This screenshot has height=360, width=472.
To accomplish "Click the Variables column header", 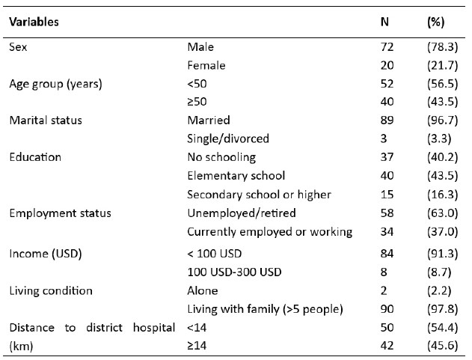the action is tap(34, 22).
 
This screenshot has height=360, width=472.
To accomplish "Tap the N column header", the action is tap(384, 22).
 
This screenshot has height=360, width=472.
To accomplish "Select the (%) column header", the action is tap(435, 22).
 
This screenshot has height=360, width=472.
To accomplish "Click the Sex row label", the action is tap(18, 47).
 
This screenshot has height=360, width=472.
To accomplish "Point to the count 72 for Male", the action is tap(387, 47).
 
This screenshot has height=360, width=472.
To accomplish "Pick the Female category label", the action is tap(206, 65).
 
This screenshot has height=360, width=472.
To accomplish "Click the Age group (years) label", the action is tap(55, 84).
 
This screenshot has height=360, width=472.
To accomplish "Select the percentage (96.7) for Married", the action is tap(443, 120).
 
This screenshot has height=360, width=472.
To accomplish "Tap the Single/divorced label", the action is tap(228, 138).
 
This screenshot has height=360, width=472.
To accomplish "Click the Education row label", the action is tap(35, 157).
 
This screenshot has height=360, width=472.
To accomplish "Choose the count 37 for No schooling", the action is tap(387, 157).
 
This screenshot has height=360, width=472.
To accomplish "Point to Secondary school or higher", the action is tap(259, 195).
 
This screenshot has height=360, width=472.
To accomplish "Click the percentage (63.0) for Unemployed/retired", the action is tap(443, 213).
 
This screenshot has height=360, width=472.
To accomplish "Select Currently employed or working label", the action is tap(270, 232).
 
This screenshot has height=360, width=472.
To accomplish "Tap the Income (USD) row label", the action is tap(46, 254).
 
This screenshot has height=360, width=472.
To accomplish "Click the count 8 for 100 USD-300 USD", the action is tap(384, 272).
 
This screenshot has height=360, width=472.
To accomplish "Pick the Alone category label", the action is tap(203, 290).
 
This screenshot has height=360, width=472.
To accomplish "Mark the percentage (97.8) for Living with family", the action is tap(443, 309).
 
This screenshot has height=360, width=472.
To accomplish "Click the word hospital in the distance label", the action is tap(154, 328).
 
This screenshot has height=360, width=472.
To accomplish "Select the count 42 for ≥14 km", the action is tap(387, 346).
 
